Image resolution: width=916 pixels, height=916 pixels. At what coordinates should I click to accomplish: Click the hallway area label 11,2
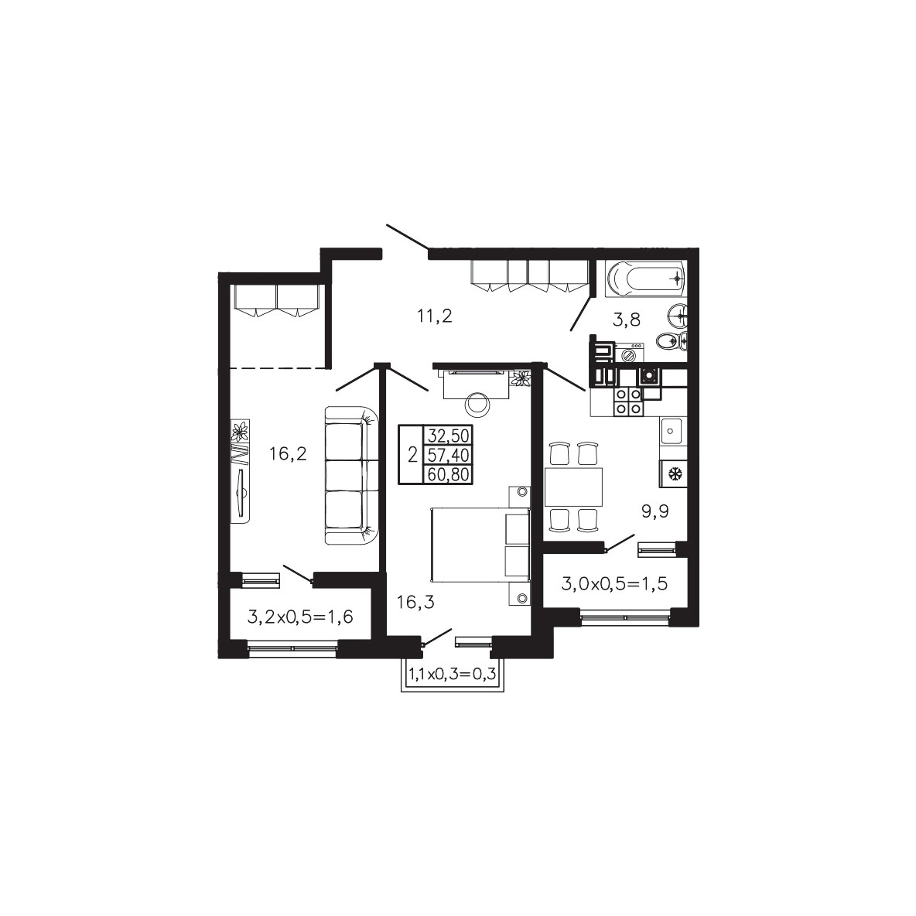(436, 316)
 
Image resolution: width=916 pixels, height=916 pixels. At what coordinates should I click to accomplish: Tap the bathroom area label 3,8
(627, 320)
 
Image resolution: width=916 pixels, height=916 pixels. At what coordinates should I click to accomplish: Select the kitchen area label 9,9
(655, 511)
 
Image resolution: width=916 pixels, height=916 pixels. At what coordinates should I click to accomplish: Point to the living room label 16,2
(288, 453)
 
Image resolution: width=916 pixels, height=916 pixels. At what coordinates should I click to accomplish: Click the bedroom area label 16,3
(415, 602)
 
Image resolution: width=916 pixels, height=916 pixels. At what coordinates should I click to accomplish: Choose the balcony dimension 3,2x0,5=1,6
(300, 617)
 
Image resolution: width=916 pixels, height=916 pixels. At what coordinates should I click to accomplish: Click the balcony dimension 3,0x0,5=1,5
(614, 583)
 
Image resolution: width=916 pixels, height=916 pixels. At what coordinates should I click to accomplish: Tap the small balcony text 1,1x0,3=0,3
(452, 674)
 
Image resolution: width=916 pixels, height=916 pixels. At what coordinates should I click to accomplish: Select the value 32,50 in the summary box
(449, 436)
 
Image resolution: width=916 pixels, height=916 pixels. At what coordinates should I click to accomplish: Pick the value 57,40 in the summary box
(449, 455)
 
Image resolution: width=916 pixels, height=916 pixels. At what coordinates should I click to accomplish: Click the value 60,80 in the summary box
(449, 474)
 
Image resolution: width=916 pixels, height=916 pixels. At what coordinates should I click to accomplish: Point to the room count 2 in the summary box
(412, 455)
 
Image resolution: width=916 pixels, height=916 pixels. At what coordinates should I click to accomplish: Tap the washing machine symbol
(629, 354)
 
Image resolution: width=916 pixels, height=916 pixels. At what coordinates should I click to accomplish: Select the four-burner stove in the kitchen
(628, 402)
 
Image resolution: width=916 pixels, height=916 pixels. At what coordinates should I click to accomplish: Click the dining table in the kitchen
(573, 487)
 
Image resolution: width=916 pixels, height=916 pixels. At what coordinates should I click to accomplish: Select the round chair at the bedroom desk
(477, 404)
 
